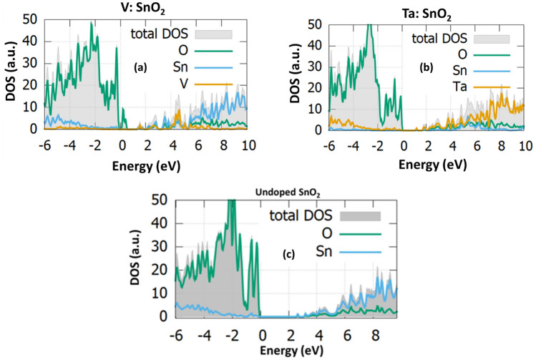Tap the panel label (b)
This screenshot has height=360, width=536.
(427, 70)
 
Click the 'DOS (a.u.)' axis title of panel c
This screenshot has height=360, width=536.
(137, 262)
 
